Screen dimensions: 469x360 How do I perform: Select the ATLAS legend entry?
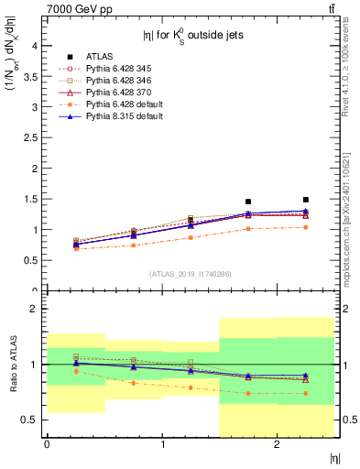click(100, 56)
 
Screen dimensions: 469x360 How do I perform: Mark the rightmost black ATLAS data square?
click(306, 200)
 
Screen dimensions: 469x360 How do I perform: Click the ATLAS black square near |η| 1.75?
click(248, 202)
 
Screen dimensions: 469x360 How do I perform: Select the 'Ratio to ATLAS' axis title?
click(12, 365)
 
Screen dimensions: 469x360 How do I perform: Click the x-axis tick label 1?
click(162, 444)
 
